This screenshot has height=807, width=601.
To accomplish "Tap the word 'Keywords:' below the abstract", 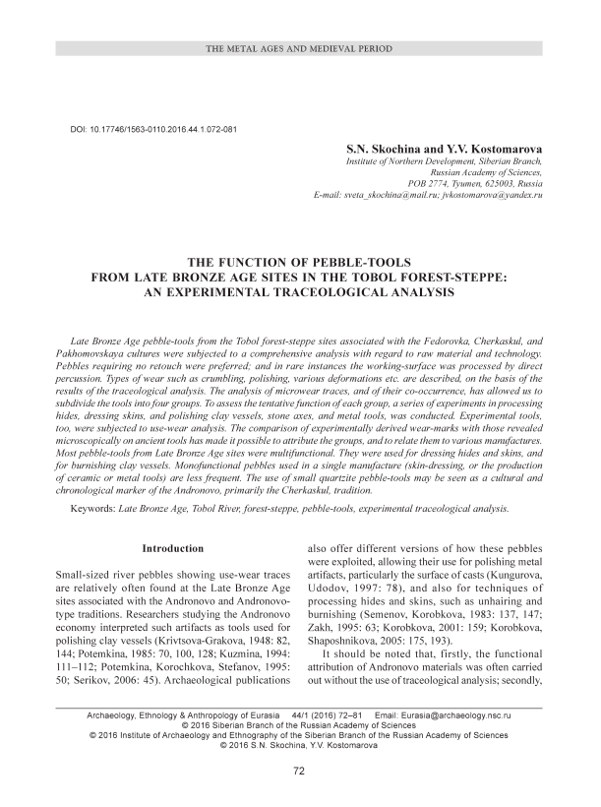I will (x=101, y=509).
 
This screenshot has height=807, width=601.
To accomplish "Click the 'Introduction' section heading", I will (x=172, y=547).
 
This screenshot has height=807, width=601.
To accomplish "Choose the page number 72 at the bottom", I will (x=299, y=772).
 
